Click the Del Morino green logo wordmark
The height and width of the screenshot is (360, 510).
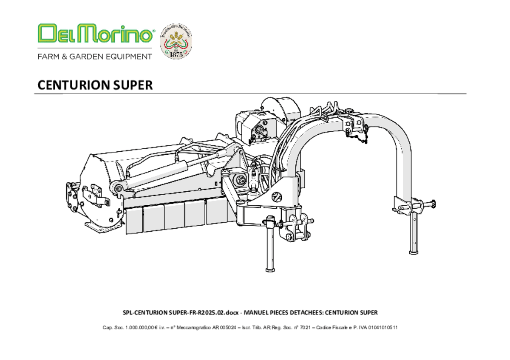point(95,34)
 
